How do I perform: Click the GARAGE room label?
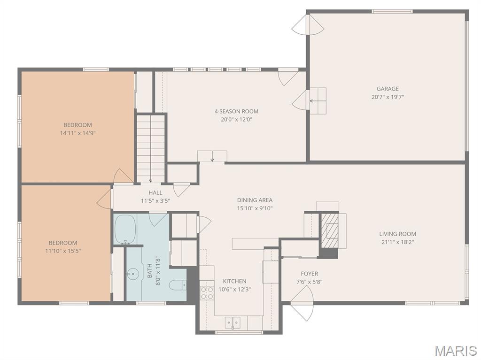click(x=388, y=89)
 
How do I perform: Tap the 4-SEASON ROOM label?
click(x=236, y=112)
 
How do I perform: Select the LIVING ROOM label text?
click(x=397, y=234)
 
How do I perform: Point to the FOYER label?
click(x=309, y=274)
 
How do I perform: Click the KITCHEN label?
click(x=234, y=281)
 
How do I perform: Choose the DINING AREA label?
click(x=255, y=200)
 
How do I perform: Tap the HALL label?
click(x=155, y=192)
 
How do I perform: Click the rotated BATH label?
click(x=150, y=271)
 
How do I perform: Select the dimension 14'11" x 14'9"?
click(x=78, y=133)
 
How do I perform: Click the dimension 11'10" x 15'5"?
click(x=63, y=251)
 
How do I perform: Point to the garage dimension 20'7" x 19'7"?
click(x=388, y=97)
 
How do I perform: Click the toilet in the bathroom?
click(x=178, y=285)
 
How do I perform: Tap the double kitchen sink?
click(x=233, y=322)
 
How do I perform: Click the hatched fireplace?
click(x=329, y=230)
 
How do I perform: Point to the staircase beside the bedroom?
click(x=151, y=148)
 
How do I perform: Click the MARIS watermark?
click(x=456, y=351)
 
